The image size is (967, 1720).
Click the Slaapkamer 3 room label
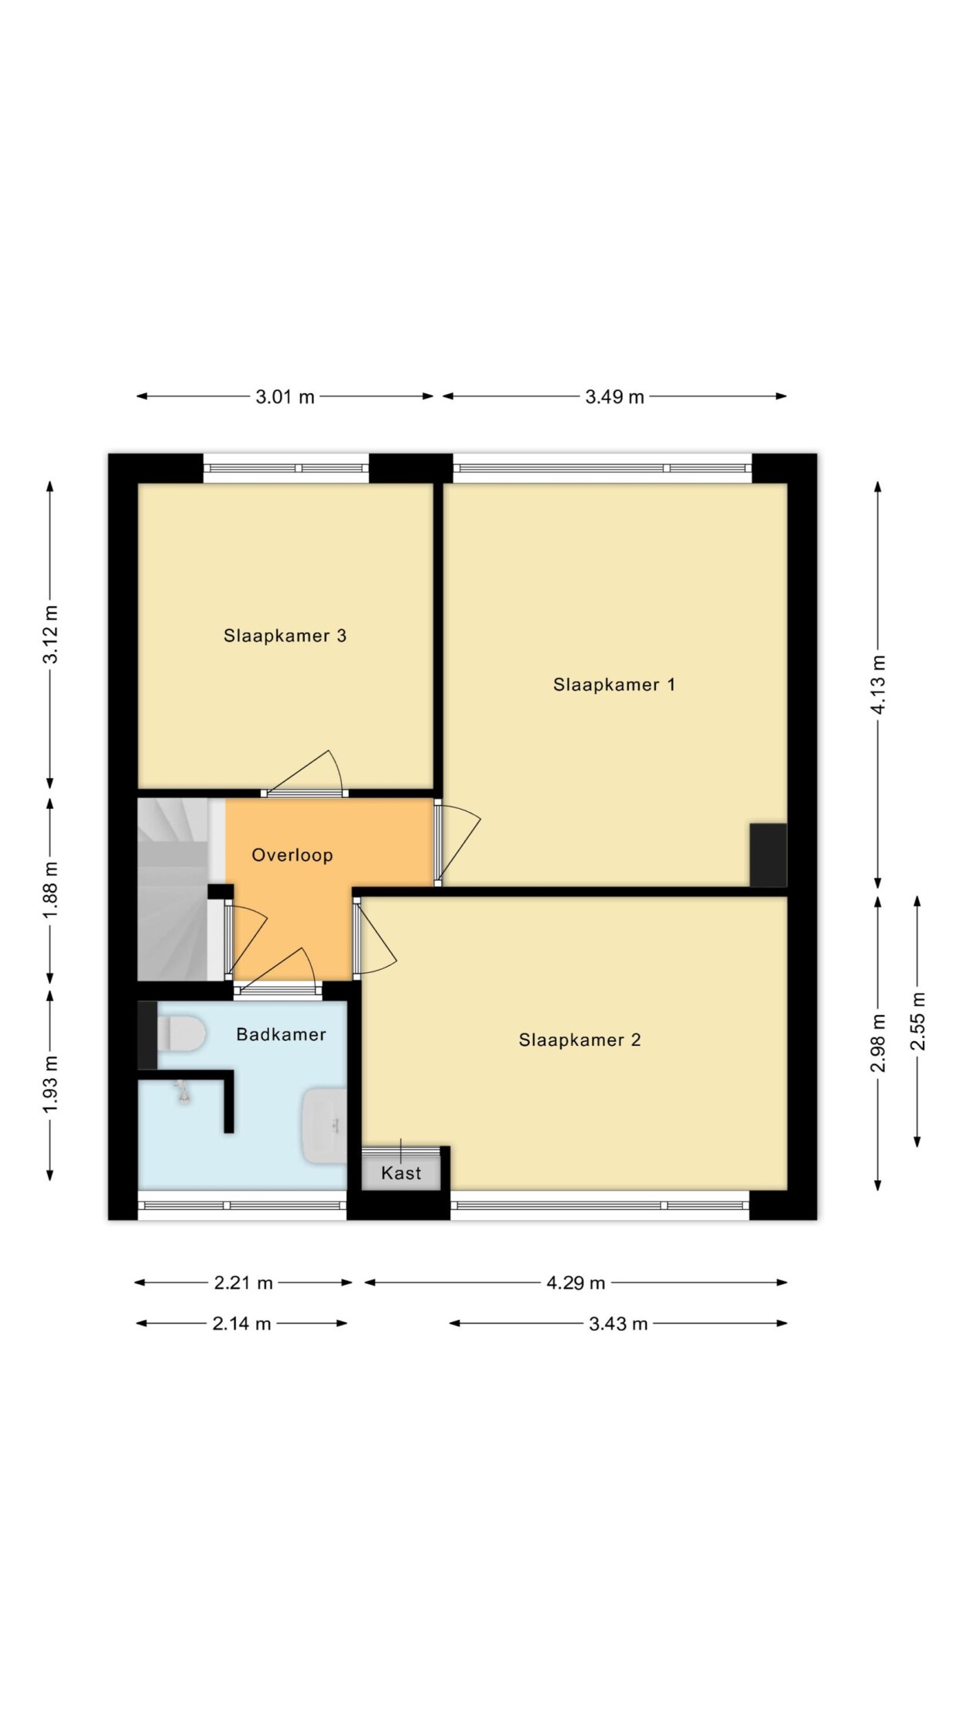(285, 636)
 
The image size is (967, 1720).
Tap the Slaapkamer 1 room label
(614, 684)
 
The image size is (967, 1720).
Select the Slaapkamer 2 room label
(579, 1040)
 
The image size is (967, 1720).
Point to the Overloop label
(292, 855)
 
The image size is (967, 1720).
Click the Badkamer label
(281, 1034)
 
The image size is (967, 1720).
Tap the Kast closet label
(401, 1173)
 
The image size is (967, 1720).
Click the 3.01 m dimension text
(285, 397)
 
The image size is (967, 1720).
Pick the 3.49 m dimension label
(614, 397)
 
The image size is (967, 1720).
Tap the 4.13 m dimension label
(878, 685)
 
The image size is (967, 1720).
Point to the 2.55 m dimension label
(917, 1021)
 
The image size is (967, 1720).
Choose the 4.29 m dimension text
(576, 1283)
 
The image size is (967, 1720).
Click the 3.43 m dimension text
(618, 1324)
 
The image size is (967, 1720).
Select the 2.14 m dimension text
(242, 1324)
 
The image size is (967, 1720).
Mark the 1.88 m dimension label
(50, 891)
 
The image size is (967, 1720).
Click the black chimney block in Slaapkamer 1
(768, 855)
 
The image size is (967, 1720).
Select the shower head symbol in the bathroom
(183, 1093)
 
